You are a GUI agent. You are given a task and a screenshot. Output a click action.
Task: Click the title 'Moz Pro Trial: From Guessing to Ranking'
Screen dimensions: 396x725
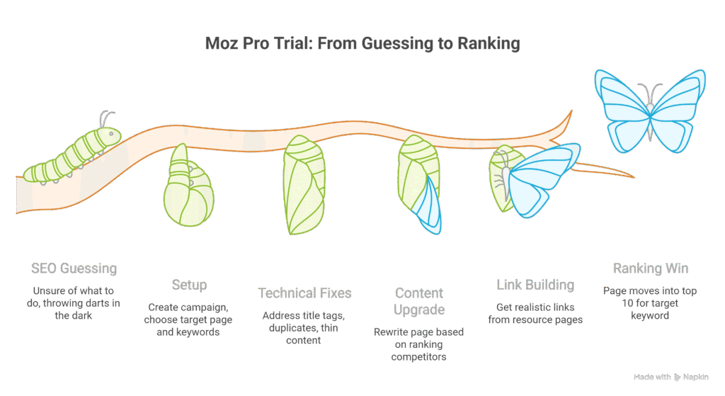[362, 44]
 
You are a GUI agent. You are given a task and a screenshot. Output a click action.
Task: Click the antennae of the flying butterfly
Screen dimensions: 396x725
[645, 91]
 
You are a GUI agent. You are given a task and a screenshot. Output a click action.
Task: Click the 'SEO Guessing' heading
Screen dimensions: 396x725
[74, 268]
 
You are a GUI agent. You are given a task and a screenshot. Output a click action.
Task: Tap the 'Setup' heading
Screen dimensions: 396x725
[190, 285]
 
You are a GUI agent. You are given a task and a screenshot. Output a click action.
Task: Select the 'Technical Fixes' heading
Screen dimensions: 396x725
[304, 293]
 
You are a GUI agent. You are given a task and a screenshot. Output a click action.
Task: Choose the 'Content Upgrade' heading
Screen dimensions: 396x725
[419, 301]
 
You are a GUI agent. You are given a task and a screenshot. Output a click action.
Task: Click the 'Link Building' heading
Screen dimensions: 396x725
[535, 285]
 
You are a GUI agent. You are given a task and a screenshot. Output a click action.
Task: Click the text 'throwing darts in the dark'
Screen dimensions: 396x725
[74, 309]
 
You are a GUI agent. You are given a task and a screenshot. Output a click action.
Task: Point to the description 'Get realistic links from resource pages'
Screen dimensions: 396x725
[535, 313]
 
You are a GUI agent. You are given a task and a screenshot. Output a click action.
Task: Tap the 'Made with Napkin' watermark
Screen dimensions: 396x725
[670, 377]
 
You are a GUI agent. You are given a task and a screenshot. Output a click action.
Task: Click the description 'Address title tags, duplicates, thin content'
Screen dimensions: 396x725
[304, 327]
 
